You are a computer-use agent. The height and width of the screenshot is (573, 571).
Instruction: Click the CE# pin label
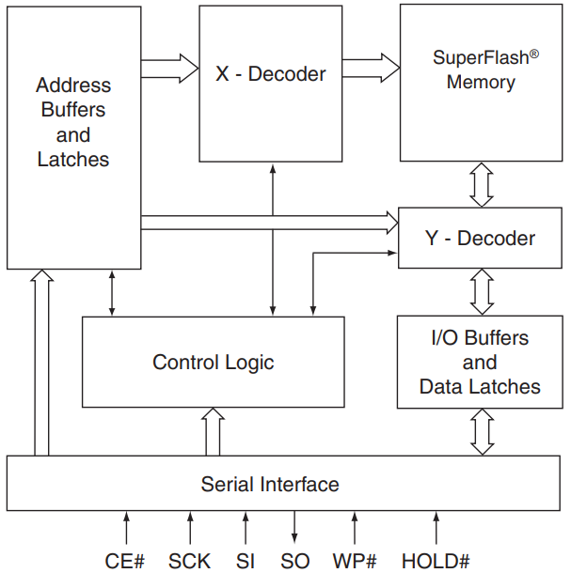125,561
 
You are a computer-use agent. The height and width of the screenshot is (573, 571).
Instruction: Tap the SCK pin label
191,561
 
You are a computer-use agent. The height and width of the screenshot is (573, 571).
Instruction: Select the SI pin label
246,561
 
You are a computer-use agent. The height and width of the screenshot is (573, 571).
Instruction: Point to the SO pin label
294,561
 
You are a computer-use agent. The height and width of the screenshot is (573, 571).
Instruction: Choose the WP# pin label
355,561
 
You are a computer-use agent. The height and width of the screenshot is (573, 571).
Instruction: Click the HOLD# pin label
436,561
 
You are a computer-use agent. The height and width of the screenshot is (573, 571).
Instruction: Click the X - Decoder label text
271,73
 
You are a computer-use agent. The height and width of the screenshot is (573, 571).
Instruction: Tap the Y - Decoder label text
480,238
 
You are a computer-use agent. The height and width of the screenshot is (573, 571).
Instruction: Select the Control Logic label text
214,362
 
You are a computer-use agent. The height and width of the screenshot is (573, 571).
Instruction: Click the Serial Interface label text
270,485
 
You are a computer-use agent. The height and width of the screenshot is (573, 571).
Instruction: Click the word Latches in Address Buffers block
73,159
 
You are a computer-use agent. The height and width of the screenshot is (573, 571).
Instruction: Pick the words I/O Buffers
480,338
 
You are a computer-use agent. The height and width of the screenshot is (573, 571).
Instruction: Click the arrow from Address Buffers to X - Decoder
169,68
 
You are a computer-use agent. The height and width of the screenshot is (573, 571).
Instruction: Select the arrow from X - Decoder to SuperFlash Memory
371,68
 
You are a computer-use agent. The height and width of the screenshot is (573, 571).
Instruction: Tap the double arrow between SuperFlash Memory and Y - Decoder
482,184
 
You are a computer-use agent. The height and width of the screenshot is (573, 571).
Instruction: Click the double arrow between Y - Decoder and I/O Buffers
482,291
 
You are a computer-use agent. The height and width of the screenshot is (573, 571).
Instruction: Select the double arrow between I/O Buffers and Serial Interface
482,432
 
